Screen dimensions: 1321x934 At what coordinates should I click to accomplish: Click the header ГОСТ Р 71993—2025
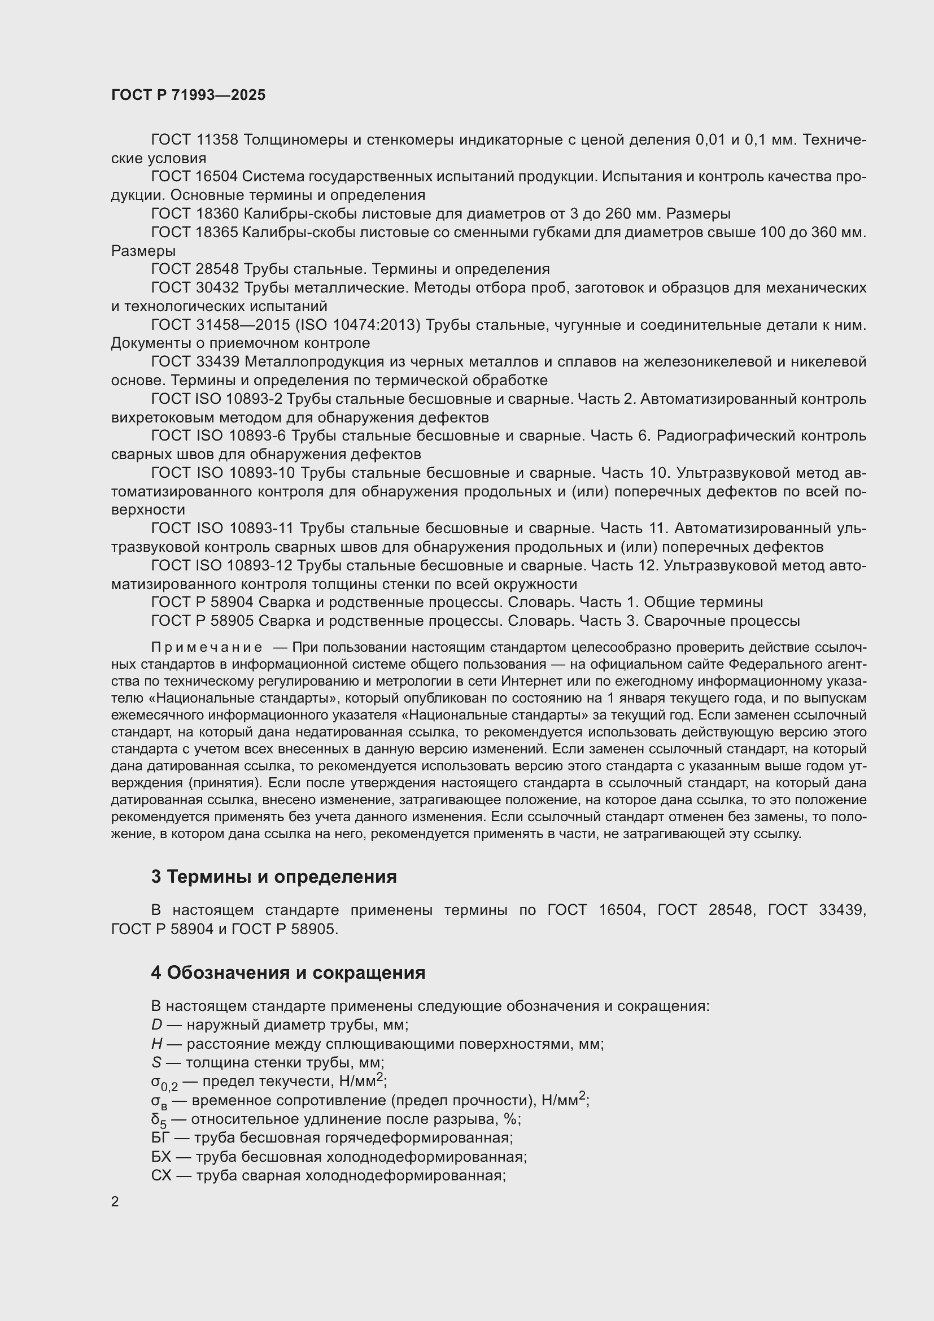pyautogui.click(x=188, y=95)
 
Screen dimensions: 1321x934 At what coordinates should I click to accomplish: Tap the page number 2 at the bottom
pyautogui.click(x=115, y=1201)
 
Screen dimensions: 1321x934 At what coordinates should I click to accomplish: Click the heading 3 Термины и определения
pyautogui.click(x=274, y=877)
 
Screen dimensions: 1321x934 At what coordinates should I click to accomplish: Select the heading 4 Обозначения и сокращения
pyautogui.click(x=288, y=973)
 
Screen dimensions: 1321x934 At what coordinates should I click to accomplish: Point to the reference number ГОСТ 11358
pyautogui.click(x=194, y=140)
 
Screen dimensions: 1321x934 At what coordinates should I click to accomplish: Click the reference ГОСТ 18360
pyautogui.click(x=194, y=214)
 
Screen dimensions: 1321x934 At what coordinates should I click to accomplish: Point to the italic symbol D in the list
pyautogui.click(x=157, y=1024)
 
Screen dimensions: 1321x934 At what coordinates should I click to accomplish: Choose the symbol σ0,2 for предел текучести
pyautogui.click(x=164, y=1083)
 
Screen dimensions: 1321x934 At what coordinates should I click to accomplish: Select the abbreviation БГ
pyautogui.click(x=161, y=1137)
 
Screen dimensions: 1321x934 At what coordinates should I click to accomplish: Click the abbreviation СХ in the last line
pyautogui.click(x=161, y=1175)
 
